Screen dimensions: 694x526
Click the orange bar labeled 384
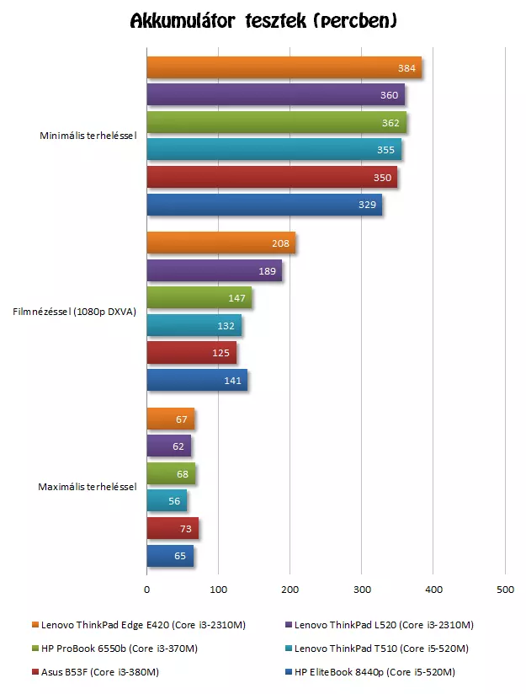pos(284,68)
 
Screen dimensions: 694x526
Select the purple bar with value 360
pos(275,95)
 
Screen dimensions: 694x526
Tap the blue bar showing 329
pos(264,205)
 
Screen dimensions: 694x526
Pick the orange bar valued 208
pos(220,243)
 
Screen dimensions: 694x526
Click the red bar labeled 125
pos(191,353)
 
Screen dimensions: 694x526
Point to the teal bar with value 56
pos(167,501)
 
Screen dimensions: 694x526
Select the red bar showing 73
pos(173,528)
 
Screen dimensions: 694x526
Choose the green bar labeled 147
pos(199,298)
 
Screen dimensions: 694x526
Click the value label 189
pos(267,271)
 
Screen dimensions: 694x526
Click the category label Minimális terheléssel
pos(88,136)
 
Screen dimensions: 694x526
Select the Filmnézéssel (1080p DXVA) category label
pos(74,312)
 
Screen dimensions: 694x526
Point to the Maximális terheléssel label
pos(88,487)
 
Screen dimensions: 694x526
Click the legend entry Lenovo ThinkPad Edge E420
pos(105,625)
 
